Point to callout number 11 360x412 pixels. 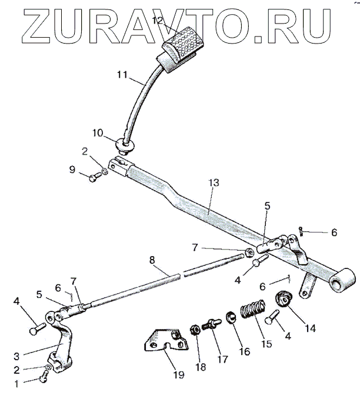(122, 75)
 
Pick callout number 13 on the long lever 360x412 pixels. (213, 183)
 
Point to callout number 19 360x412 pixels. (177, 375)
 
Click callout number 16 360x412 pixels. (244, 351)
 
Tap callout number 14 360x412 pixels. (310, 328)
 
